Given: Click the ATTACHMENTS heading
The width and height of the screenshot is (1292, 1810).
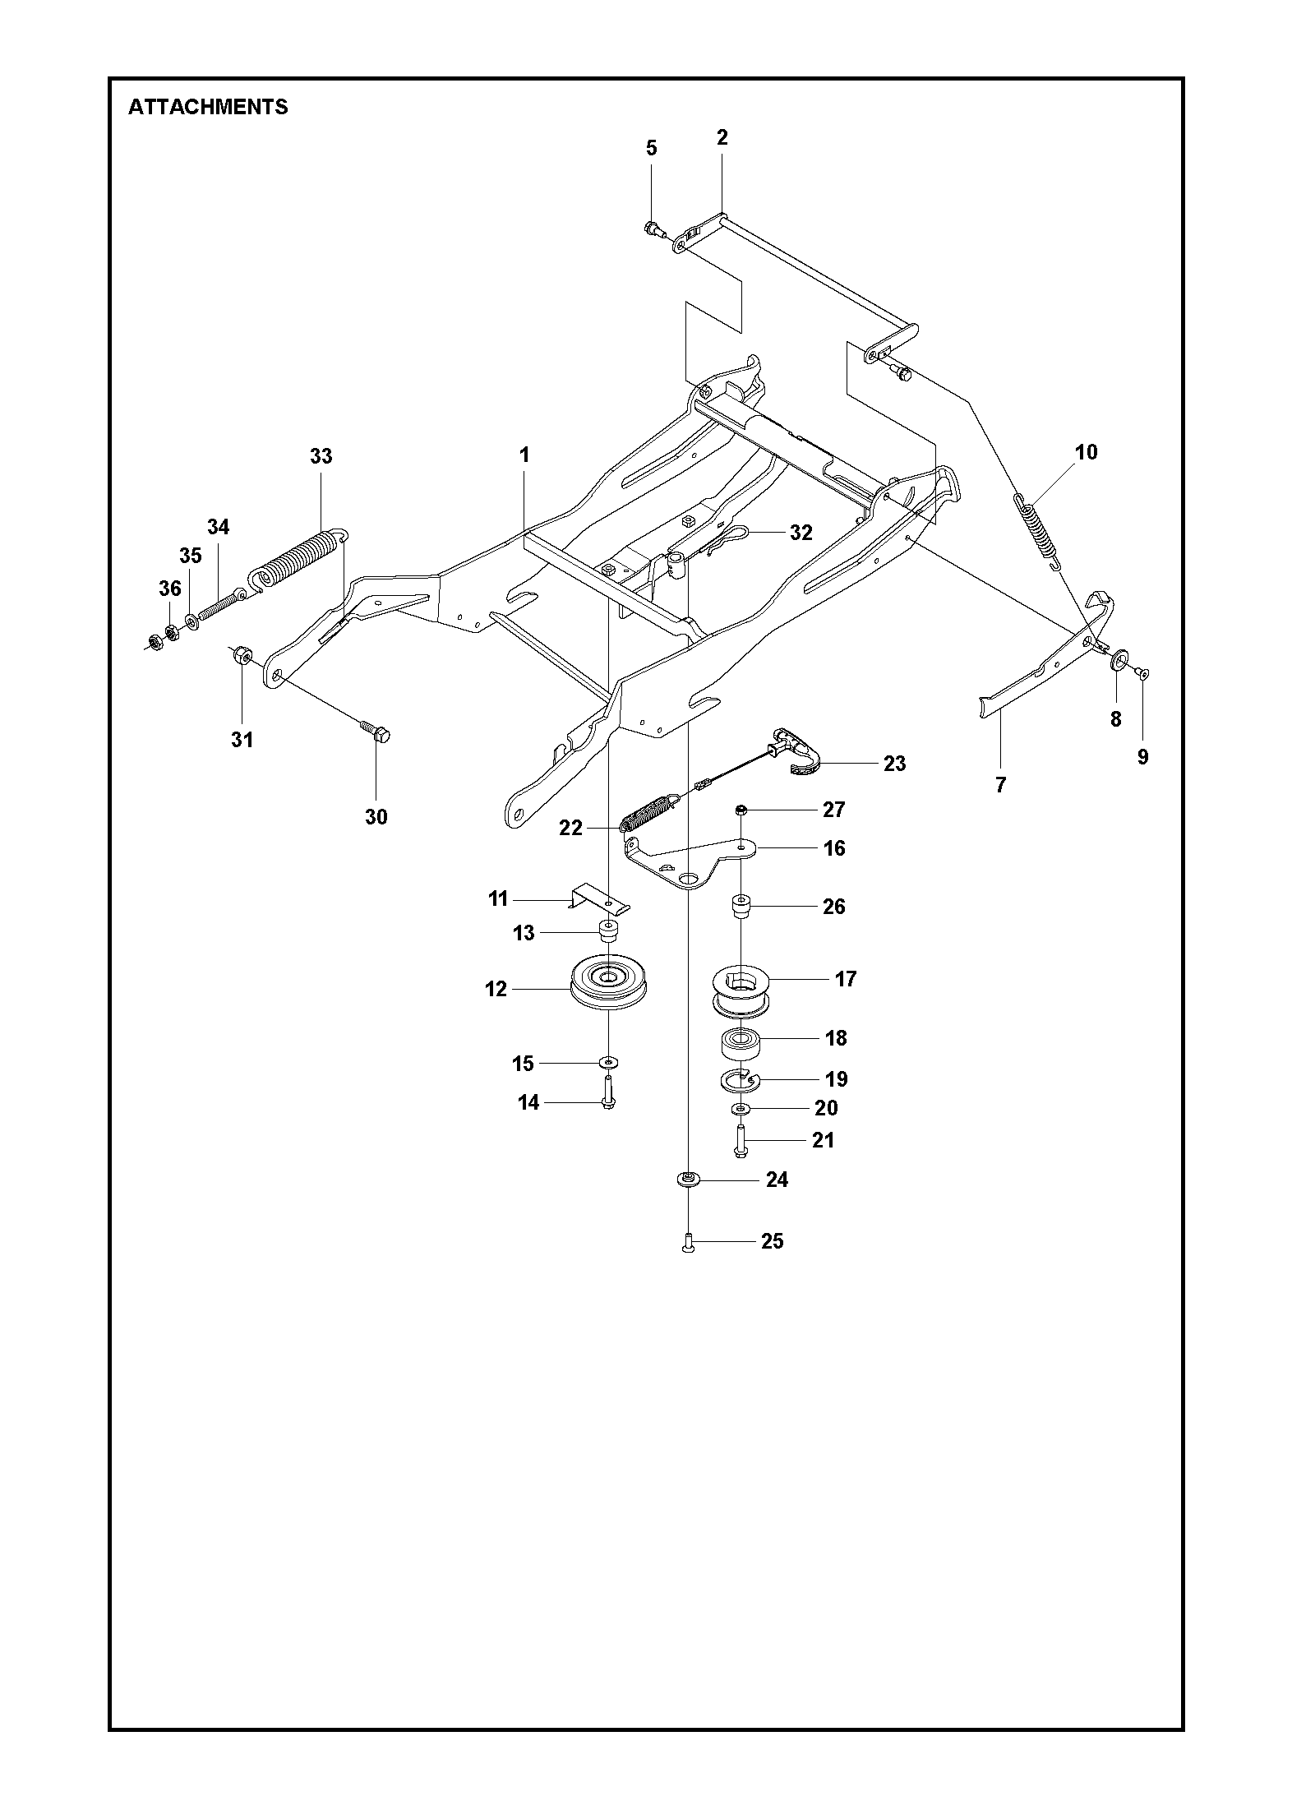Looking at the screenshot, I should pos(208,107).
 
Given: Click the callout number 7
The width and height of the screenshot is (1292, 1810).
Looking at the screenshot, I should pos(1000,785).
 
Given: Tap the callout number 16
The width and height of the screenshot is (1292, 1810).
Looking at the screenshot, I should pos(834,847).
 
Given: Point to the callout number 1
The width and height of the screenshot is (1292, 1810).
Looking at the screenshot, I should pos(524,455).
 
